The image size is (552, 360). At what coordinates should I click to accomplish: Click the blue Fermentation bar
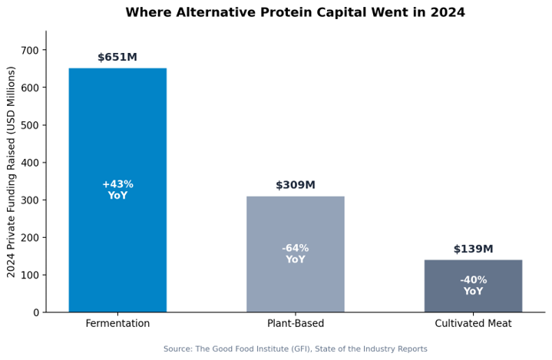[x=117, y=190]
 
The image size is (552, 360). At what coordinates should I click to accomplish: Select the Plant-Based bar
[x=296, y=254]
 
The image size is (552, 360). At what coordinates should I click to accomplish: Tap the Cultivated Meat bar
[x=473, y=286]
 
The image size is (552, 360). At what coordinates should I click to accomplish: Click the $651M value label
[x=117, y=57]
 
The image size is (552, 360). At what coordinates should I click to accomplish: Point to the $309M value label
[x=296, y=185]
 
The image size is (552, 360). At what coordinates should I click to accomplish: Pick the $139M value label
[x=473, y=249]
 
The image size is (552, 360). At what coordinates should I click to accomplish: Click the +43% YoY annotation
[x=117, y=190]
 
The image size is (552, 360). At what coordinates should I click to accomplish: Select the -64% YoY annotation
[x=296, y=254]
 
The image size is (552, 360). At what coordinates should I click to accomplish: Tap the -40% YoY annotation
[x=473, y=286]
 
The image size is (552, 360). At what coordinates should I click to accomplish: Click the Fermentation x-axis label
[x=117, y=323]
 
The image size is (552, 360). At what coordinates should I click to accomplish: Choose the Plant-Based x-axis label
[x=296, y=323]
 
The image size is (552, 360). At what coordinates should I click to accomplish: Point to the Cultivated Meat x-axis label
[x=473, y=323]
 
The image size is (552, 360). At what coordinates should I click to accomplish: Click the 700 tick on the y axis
[x=30, y=51]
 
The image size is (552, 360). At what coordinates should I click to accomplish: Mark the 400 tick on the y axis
[x=30, y=163]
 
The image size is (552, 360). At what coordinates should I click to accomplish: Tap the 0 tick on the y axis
[x=36, y=312]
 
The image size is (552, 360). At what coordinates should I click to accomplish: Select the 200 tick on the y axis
[x=30, y=237]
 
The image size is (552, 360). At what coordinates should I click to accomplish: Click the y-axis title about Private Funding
[x=12, y=172]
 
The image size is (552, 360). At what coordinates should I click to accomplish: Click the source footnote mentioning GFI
[x=296, y=348]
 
